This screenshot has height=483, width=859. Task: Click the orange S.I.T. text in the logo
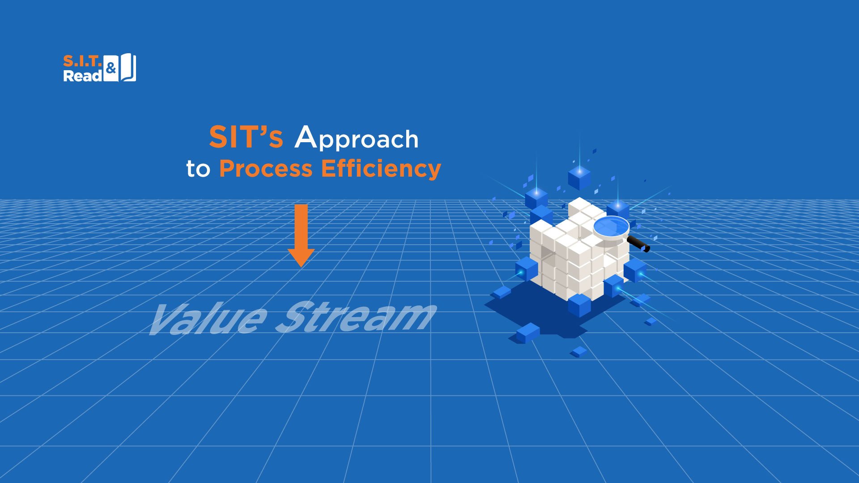[x=83, y=61]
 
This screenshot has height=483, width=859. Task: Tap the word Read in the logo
[x=83, y=76]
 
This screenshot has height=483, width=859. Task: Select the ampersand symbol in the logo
[x=111, y=68]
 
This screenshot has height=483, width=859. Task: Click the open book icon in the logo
[x=128, y=68]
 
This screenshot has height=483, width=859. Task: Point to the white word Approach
[x=357, y=138]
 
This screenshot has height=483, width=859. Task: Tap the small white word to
[x=198, y=169]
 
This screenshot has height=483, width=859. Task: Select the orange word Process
[x=266, y=169]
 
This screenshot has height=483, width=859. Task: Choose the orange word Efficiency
[x=381, y=169]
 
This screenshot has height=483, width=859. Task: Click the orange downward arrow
[x=301, y=235]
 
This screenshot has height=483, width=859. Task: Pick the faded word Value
[x=208, y=318]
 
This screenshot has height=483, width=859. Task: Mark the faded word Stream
[x=356, y=317]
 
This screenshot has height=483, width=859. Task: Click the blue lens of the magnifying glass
[x=611, y=227]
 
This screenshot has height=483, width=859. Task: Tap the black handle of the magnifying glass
[x=638, y=244]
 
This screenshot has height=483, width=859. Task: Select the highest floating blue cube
[x=579, y=177]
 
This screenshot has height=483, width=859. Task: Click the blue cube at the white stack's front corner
[x=579, y=305]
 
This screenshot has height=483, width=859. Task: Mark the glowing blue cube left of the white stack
[x=527, y=269]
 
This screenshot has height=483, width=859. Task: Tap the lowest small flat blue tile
[x=580, y=352]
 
